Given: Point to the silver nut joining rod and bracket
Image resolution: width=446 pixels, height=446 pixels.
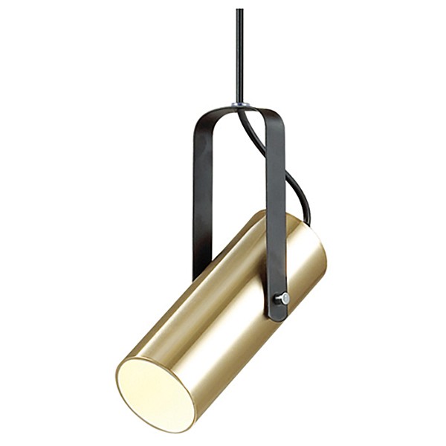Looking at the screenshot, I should pos(239,105).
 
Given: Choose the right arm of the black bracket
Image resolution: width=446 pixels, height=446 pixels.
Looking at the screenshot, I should pos(276,208).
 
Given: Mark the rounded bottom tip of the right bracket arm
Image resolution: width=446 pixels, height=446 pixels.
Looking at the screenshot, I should pos(278,317).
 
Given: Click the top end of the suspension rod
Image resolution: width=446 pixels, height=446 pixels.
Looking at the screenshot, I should pos(239,10).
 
